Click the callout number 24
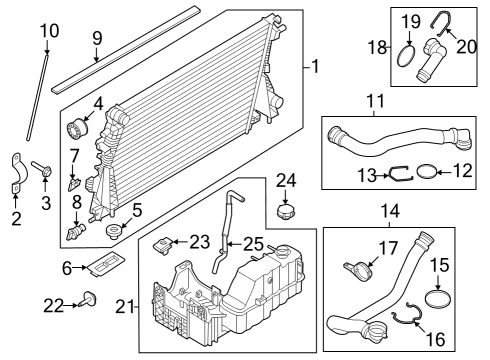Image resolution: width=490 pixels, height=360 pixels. click(x=286, y=181)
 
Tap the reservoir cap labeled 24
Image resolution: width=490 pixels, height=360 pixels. click(x=286, y=213)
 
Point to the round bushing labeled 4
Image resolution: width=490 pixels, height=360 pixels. click(x=77, y=130)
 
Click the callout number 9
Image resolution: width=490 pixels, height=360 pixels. click(x=97, y=41)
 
